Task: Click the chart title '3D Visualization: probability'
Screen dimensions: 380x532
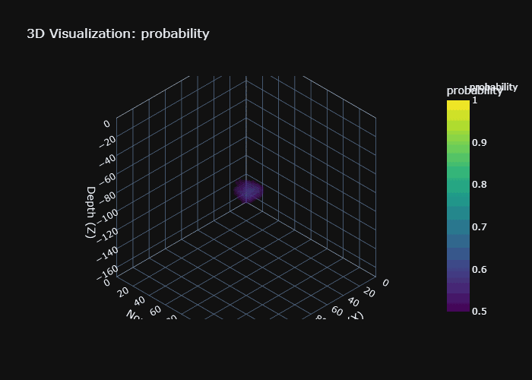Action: tap(118, 33)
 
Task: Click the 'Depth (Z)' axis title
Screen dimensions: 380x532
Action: tap(91, 212)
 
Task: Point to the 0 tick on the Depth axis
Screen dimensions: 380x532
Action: tap(106, 124)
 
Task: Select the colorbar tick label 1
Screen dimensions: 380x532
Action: tap(474, 100)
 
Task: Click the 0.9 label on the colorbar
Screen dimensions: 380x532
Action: tap(479, 142)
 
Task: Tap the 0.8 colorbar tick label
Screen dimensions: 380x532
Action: tap(479, 185)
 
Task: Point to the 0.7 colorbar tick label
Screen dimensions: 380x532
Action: tap(479, 227)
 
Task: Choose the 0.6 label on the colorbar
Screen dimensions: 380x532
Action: tap(479, 269)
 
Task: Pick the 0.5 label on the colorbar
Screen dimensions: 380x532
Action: tap(479, 311)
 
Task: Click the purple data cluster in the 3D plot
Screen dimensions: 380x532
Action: tap(248, 191)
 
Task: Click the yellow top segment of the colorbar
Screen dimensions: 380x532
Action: tap(458, 106)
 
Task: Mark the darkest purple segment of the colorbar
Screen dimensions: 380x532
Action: tap(458, 306)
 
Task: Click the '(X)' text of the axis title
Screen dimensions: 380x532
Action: tap(356, 315)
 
